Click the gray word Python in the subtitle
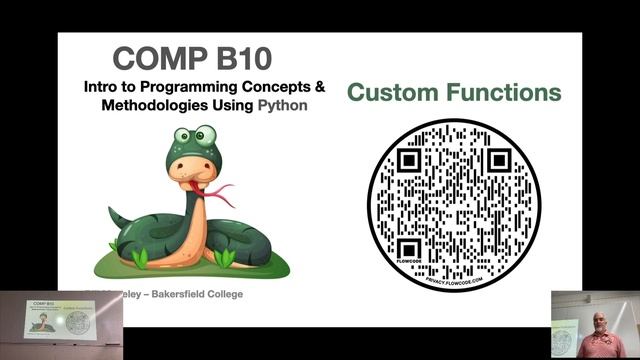click(x=283, y=104)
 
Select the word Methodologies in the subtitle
click(x=155, y=104)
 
